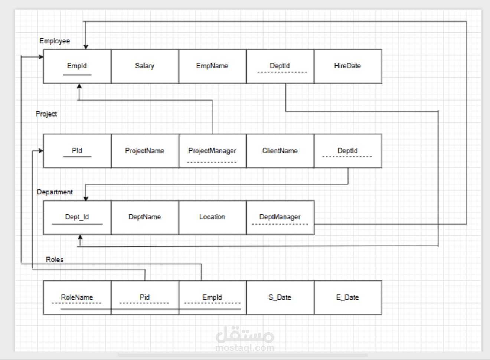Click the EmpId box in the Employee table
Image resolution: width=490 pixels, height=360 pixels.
click(77, 66)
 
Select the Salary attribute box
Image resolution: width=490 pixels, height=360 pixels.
click(145, 66)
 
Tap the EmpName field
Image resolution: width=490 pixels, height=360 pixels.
click(212, 66)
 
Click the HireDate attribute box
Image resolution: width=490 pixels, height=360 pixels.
click(347, 66)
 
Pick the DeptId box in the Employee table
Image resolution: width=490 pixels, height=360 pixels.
click(280, 66)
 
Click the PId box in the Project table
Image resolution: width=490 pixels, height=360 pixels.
click(77, 151)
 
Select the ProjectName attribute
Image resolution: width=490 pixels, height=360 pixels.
click(145, 151)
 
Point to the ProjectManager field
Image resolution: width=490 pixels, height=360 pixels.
click(212, 151)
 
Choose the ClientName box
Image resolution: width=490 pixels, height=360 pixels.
click(280, 151)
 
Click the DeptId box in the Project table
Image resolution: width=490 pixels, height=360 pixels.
click(347, 151)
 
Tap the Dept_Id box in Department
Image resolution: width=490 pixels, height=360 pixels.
click(77, 217)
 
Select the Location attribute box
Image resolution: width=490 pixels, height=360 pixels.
click(212, 217)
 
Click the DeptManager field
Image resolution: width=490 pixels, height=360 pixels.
click(280, 217)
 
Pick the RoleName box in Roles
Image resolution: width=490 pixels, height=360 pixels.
click(77, 298)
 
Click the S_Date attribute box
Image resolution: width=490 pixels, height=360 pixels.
click(280, 298)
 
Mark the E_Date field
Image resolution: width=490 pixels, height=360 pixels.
click(347, 298)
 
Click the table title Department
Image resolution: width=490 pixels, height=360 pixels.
click(55, 192)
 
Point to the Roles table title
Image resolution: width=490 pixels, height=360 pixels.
click(55, 259)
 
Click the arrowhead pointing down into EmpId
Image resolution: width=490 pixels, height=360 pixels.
click(86, 46)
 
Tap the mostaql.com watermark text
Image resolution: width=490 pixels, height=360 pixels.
click(245, 348)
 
